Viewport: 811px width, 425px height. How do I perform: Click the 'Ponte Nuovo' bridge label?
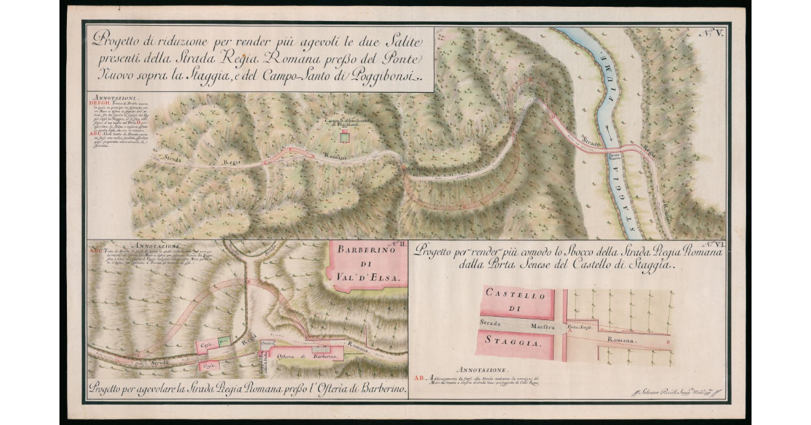(x=614, y=155)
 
